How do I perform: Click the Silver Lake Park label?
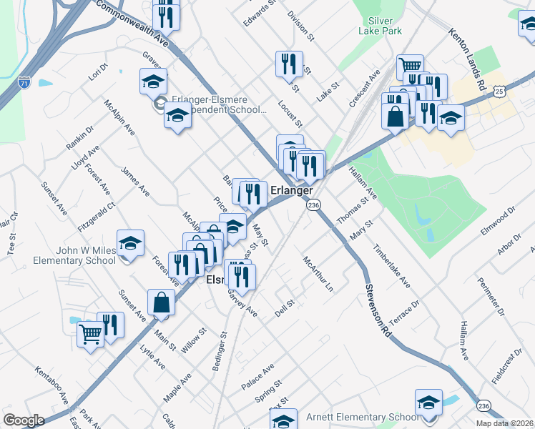(x=381, y=26)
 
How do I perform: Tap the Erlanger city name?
(x=292, y=191)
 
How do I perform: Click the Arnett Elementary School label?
(x=363, y=417)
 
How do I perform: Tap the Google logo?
(x=24, y=420)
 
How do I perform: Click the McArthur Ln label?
(x=319, y=274)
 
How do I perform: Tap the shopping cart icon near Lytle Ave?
(x=91, y=332)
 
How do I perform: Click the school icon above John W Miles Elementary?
(x=130, y=244)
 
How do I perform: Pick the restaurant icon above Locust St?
(x=289, y=64)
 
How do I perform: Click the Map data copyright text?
(x=503, y=423)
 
